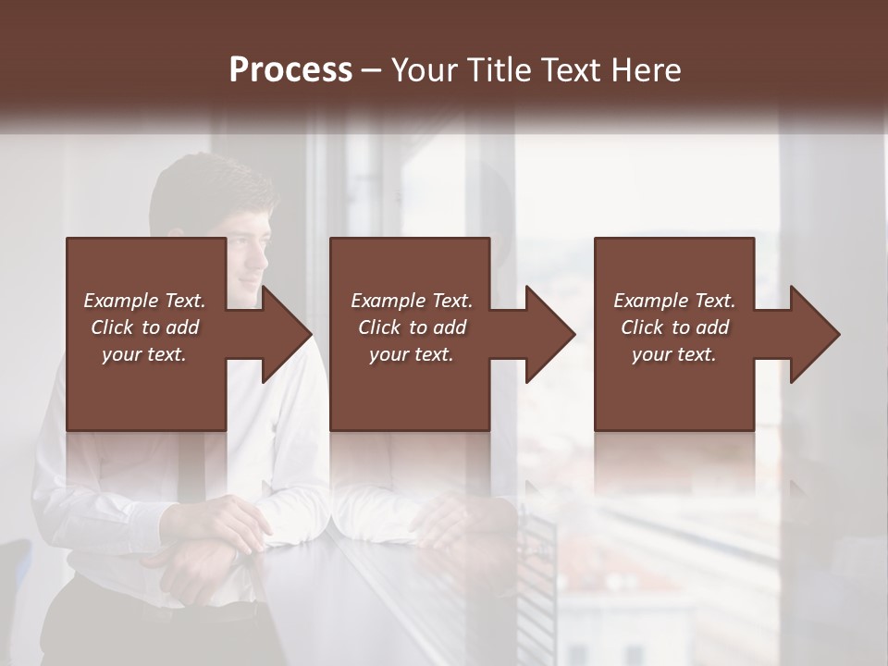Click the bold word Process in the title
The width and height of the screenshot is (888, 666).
point(290,70)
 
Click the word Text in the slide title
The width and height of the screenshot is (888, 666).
point(573,70)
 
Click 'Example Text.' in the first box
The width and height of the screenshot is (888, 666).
point(144,301)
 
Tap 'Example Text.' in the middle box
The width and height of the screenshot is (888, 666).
point(412,301)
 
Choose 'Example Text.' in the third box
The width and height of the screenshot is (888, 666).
point(674,301)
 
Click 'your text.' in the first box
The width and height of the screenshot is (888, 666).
point(144,354)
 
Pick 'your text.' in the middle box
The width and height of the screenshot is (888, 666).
point(412,354)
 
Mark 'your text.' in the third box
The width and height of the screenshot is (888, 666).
point(674,354)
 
